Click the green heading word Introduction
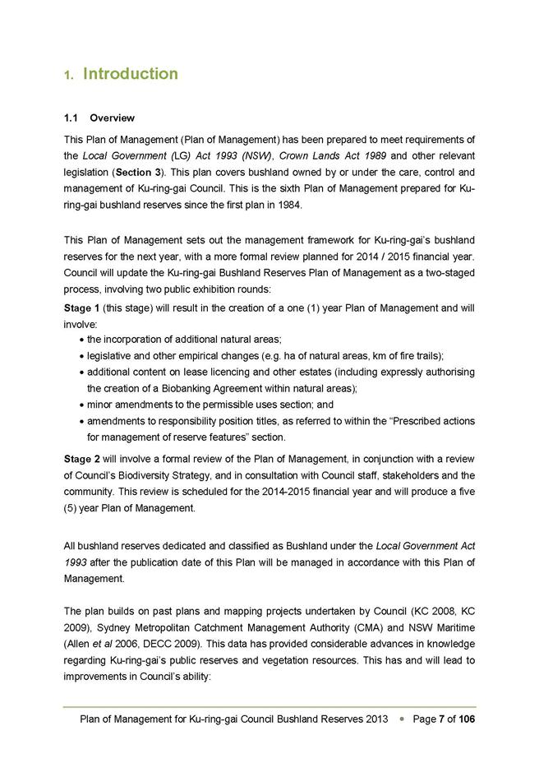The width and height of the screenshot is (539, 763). click(131, 74)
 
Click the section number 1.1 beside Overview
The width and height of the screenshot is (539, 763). click(71, 118)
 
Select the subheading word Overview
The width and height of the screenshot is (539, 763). click(113, 118)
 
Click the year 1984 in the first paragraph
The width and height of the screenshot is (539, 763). click(289, 206)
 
